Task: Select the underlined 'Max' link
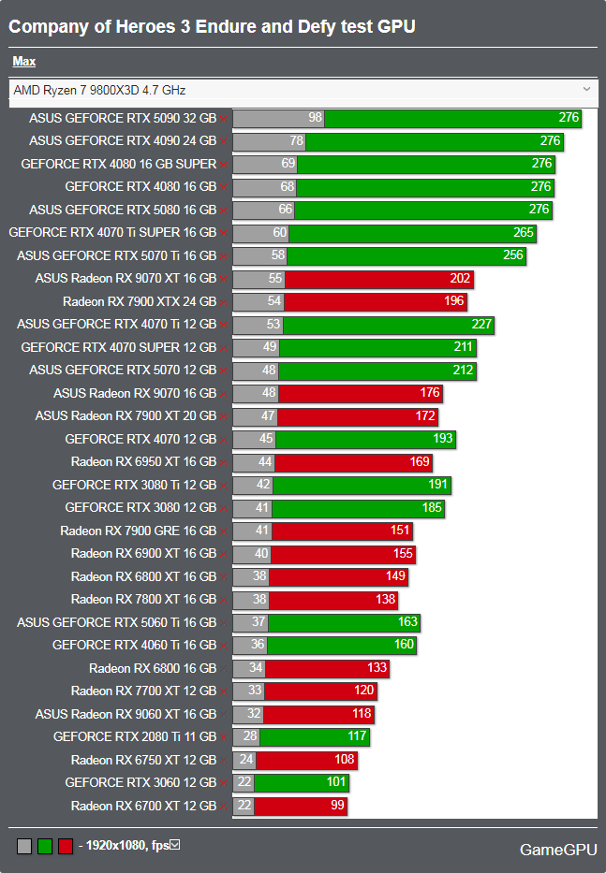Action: (x=24, y=62)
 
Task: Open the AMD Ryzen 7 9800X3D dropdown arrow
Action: (x=586, y=90)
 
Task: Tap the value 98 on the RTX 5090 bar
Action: (x=315, y=118)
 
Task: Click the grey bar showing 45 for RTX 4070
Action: (x=254, y=439)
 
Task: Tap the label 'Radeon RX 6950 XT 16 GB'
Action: (x=143, y=461)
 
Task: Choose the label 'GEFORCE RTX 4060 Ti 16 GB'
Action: (x=134, y=645)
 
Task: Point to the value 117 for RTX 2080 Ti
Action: (x=357, y=736)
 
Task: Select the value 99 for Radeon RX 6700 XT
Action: (x=337, y=806)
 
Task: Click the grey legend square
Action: (x=24, y=846)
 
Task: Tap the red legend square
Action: (x=66, y=846)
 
